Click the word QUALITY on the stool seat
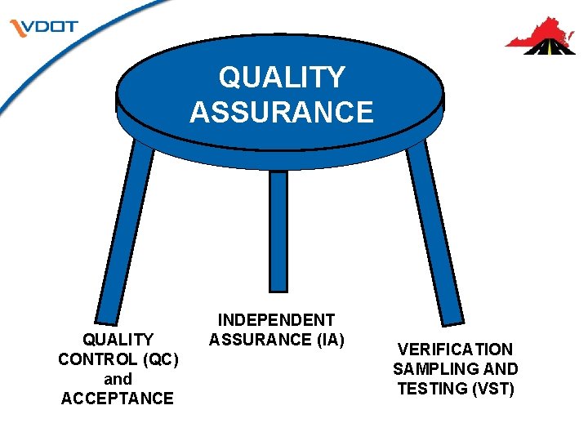pos(282,78)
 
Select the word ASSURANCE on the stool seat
pos(282,111)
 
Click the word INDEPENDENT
pos(276,320)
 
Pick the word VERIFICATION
pos(455,350)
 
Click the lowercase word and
pos(118,379)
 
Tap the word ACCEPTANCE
pos(118,399)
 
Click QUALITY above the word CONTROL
pos(118,340)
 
